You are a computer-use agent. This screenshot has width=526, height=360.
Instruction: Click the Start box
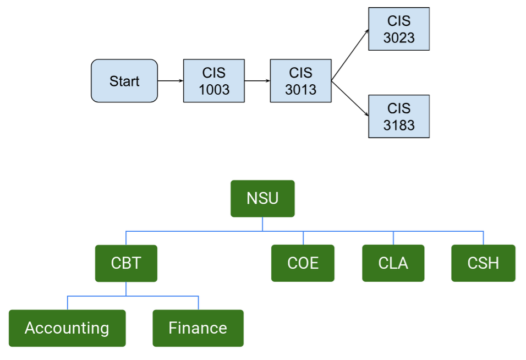pyautogui.click(x=124, y=81)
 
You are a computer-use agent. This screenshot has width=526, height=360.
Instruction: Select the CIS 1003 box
pyautogui.click(x=214, y=81)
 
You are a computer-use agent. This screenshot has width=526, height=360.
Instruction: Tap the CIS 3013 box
pyautogui.click(x=300, y=81)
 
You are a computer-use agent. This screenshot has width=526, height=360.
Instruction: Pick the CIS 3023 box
pyautogui.click(x=399, y=29)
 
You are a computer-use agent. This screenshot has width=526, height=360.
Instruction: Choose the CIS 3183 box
pyautogui.click(x=399, y=116)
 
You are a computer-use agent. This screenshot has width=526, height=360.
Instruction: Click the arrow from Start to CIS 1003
pyautogui.click(x=170, y=81)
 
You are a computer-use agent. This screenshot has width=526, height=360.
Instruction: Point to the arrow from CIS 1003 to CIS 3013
pyautogui.click(x=257, y=81)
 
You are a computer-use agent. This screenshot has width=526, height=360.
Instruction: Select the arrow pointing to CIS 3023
pyautogui.click(x=350, y=55)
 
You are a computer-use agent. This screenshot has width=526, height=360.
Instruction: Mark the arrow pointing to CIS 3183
pyautogui.click(x=350, y=99)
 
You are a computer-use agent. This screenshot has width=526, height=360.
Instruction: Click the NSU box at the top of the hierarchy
pyautogui.click(x=262, y=198)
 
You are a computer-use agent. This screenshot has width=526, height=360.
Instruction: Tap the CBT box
pyautogui.click(x=126, y=263)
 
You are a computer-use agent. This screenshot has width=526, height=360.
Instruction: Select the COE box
pyautogui.click(x=303, y=263)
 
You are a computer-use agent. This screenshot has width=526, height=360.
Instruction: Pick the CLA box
pyautogui.click(x=393, y=263)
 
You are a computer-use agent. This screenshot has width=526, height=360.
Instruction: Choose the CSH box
pyautogui.click(x=483, y=263)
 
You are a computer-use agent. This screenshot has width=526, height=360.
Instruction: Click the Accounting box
pyautogui.click(x=67, y=328)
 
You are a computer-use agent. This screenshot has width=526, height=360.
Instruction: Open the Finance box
pyautogui.click(x=198, y=328)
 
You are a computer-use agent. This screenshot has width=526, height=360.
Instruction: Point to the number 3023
pyautogui.click(x=399, y=38)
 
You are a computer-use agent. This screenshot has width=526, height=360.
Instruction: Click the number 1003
pyautogui.click(x=214, y=90)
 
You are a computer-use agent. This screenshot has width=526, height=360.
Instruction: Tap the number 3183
pyautogui.click(x=399, y=126)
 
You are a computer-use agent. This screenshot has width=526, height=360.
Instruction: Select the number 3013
pyautogui.click(x=300, y=90)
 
